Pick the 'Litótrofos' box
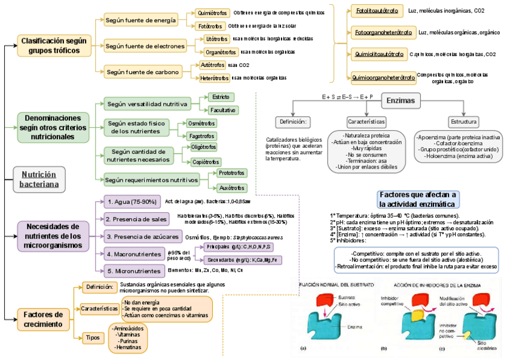[x=216, y=39]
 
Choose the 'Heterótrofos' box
[x=215, y=78]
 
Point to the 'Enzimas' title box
[x=401, y=100]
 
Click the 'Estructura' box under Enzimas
[x=464, y=121]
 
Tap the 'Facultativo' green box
[x=223, y=110]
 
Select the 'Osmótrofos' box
[x=201, y=123]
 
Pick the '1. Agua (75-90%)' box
[x=132, y=202]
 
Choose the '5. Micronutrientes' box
[x=133, y=270]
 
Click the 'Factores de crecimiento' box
[x=43, y=319]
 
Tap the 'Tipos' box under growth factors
[x=93, y=338]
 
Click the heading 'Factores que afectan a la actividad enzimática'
[x=418, y=199]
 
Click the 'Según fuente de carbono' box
[x=143, y=72]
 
